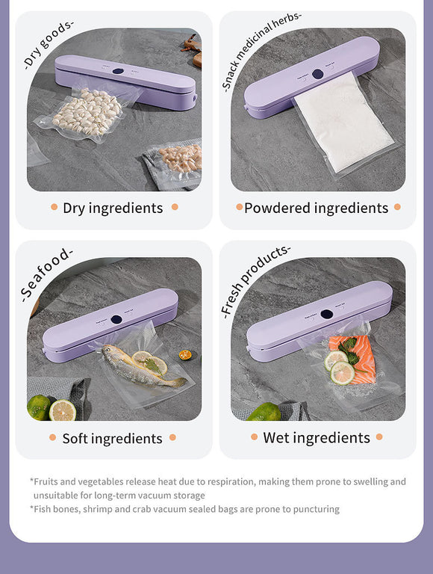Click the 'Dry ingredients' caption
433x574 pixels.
tap(113, 208)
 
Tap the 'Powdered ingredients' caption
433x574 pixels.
tap(317, 208)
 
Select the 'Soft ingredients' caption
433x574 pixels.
tap(112, 438)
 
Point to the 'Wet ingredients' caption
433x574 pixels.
tap(317, 437)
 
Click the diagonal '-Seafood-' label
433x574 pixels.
tap(46, 274)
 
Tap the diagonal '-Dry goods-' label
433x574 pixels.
tap(49, 43)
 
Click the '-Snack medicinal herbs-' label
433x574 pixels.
tap(261, 51)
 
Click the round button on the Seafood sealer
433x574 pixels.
tap(116, 319)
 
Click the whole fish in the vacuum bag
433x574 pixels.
tap(142, 368)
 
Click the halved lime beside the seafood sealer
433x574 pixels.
tap(62, 410)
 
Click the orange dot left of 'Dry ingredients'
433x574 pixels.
tap(54, 207)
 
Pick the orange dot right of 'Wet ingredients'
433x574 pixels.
tap(379, 436)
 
